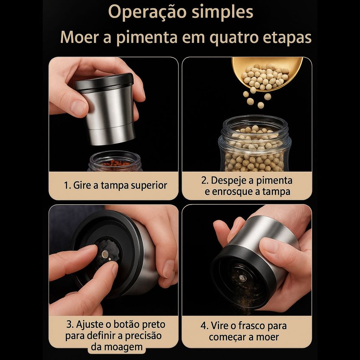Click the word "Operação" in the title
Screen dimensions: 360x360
147,12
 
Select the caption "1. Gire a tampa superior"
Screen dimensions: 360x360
115,185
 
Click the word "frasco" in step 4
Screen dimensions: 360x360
251,326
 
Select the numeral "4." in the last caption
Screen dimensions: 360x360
204,326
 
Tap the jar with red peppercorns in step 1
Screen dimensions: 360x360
115,162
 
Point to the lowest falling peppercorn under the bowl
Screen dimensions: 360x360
261,105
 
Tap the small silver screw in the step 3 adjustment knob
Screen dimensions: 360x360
105,254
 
